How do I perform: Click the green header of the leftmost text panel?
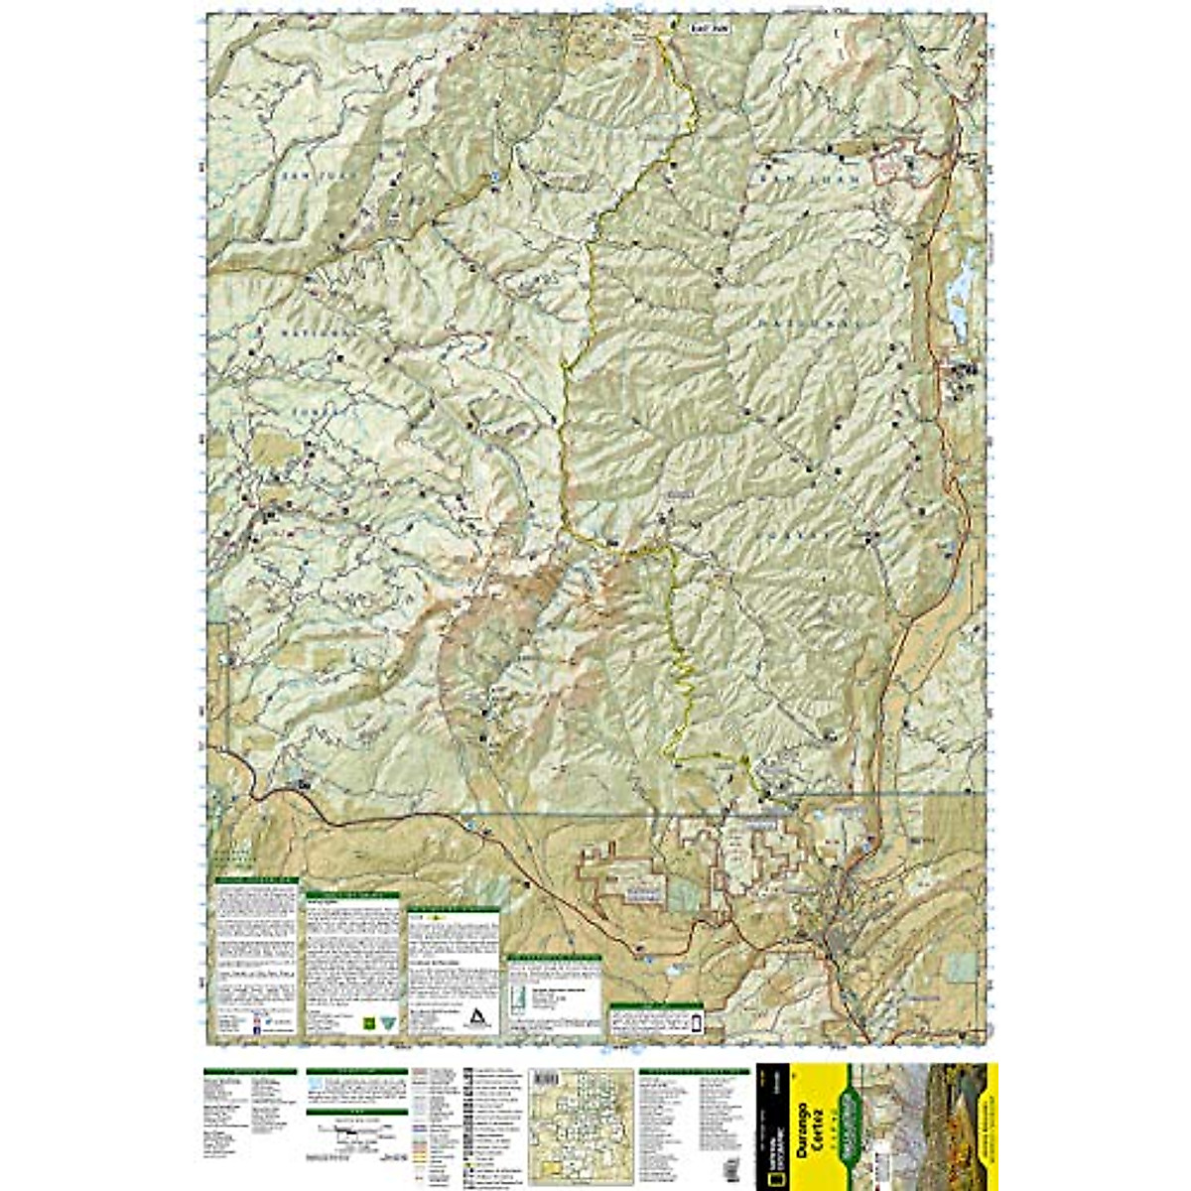tap(256, 880)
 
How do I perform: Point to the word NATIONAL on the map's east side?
tap(794, 323)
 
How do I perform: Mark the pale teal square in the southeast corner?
tap(960, 966)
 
